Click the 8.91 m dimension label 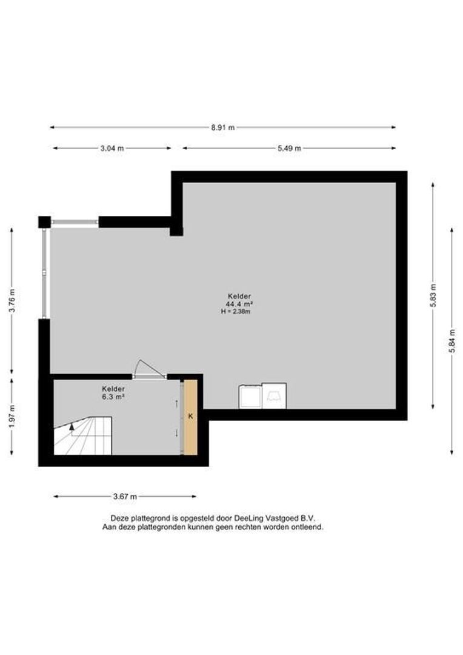[222, 127]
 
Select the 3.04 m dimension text [112, 148]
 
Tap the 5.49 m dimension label [289, 148]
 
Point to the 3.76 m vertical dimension [12, 301]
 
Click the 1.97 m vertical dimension [12, 417]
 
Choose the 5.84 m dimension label [451, 341]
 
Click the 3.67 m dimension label [125, 497]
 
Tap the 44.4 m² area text [239, 304]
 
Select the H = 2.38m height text [236, 311]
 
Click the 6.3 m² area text [113, 397]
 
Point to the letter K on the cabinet [191, 416]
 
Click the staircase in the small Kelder [82, 435]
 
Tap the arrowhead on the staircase [72, 426]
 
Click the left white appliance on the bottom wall [250, 397]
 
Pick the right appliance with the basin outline [274, 395]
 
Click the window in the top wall [75, 222]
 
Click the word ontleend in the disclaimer [309, 527]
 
